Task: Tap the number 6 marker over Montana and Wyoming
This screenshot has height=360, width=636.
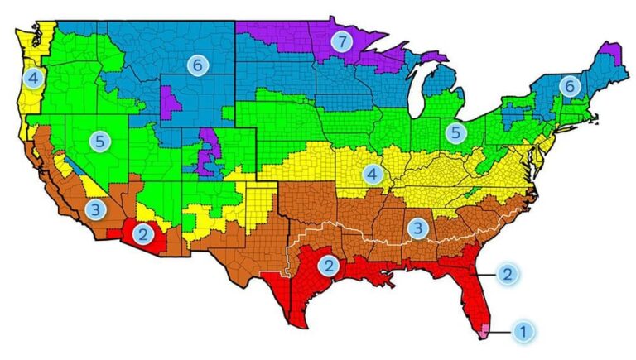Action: (195, 64)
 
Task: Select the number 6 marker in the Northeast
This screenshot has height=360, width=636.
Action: (568, 84)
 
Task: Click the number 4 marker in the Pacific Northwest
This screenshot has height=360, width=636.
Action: (32, 78)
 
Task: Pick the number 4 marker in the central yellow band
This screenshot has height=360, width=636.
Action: (372, 175)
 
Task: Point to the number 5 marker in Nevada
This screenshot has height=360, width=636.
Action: (99, 141)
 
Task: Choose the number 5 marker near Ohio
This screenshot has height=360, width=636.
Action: (454, 131)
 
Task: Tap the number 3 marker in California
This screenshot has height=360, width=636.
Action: (96, 209)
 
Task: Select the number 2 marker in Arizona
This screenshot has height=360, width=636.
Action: (143, 234)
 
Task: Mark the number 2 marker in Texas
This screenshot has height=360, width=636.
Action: (328, 266)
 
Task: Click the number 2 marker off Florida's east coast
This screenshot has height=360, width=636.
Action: (508, 273)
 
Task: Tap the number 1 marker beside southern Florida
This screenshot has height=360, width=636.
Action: (522, 332)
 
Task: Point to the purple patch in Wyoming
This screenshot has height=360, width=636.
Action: (172, 104)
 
